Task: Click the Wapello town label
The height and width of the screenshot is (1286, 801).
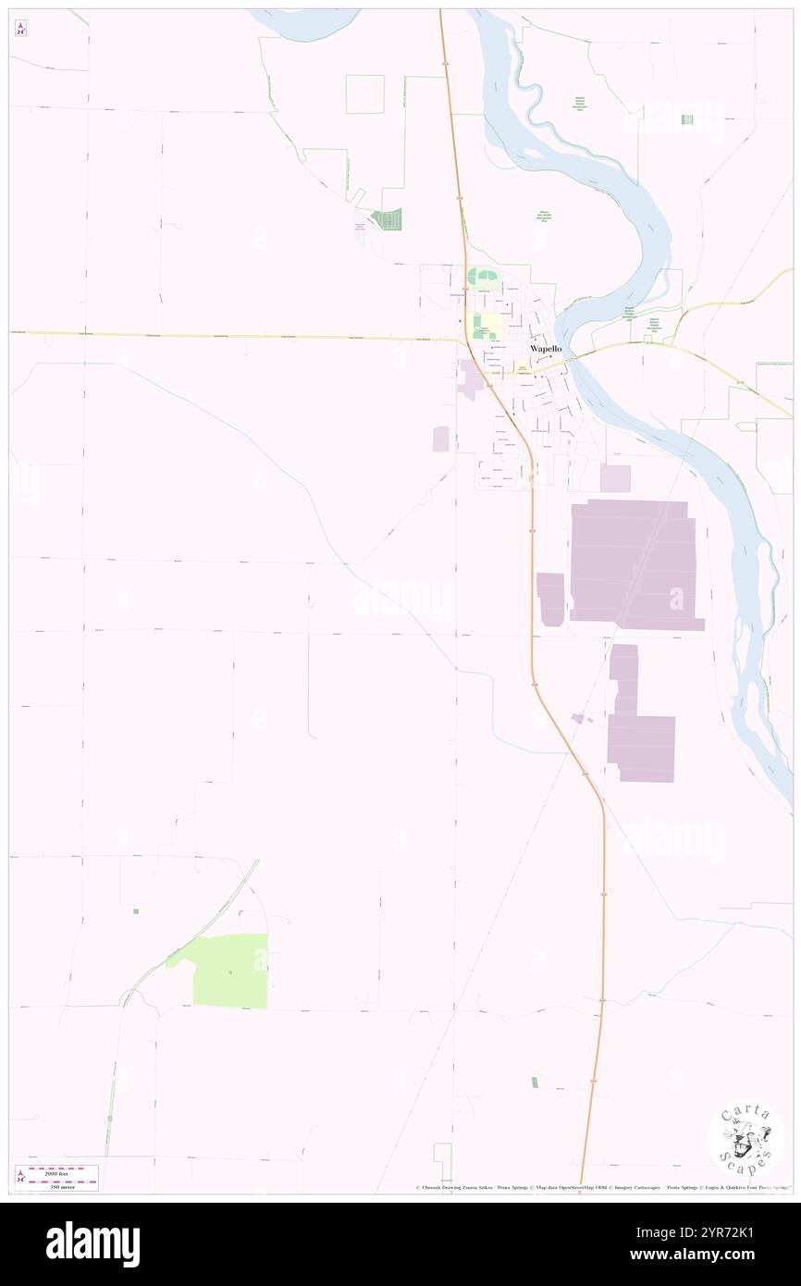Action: tap(545, 349)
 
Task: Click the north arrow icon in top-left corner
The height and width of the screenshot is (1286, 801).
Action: tap(20, 29)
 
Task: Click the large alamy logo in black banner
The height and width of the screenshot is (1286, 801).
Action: tap(92, 1243)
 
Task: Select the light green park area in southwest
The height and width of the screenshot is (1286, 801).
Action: tap(230, 971)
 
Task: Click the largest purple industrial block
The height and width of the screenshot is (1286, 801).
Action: tap(634, 564)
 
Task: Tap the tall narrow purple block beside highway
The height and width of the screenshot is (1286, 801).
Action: tap(550, 599)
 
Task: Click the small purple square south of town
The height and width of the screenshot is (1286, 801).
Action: tap(615, 478)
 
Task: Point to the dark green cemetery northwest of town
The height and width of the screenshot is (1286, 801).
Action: tap(388, 220)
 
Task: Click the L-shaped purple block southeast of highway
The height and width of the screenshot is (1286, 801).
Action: tap(638, 722)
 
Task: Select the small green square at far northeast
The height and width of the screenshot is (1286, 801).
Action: tap(686, 119)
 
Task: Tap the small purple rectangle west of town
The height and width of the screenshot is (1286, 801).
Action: tap(441, 439)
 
